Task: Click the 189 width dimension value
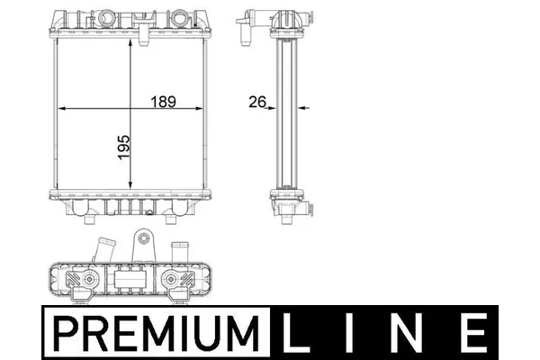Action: click(163, 102)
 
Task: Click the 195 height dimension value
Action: click(124, 147)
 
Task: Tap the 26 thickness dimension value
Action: click(257, 102)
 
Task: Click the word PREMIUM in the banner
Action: click(157, 333)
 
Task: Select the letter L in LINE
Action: click(296, 333)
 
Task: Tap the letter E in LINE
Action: click(473, 333)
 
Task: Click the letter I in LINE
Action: click(349, 333)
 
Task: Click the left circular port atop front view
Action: click(105, 18)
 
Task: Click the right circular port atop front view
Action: click(179, 18)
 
